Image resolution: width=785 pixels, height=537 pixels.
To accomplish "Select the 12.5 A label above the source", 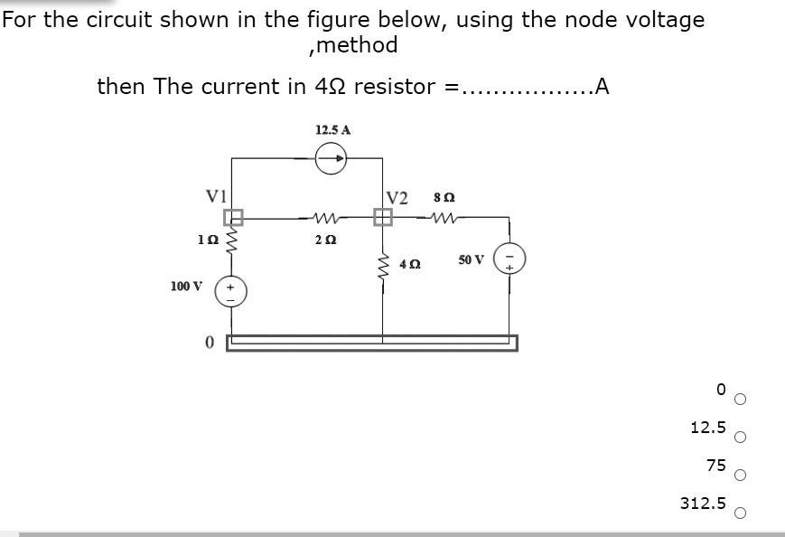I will (x=333, y=129).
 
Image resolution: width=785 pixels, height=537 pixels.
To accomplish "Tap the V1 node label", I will (x=217, y=195).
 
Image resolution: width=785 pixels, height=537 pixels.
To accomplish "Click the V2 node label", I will (x=397, y=198).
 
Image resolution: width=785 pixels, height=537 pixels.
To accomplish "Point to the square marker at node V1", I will (x=233, y=217).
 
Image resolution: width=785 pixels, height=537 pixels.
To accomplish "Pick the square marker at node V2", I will (x=382, y=217).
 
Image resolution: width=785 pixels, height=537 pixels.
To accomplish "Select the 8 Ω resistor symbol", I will (x=444, y=217).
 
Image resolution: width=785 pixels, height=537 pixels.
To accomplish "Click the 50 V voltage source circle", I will (x=509, y=259).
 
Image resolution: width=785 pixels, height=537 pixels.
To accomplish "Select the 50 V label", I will (x=471, y=259).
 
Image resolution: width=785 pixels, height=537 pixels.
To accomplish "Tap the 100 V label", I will (x=185, y=287).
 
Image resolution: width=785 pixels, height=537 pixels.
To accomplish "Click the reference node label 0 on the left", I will (x=209, y=343).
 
